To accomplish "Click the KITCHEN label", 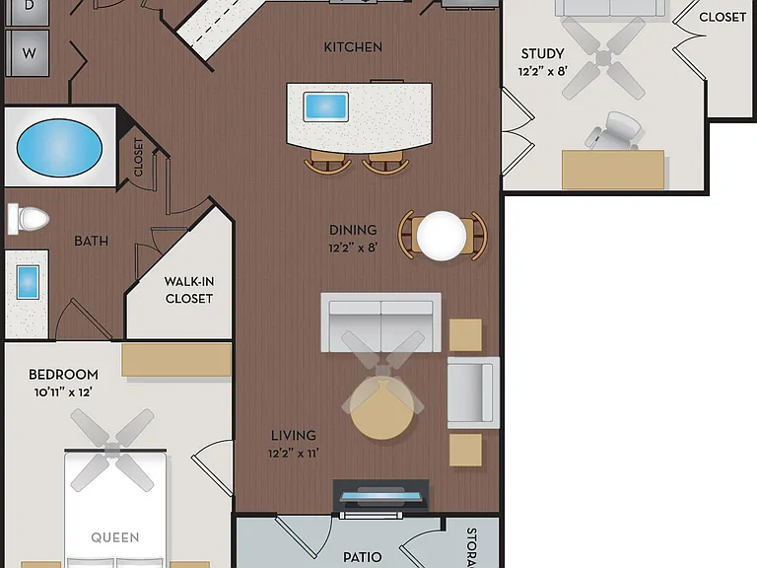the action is point(353,47).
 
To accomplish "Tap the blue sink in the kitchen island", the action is point(326,106).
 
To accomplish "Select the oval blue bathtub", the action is point(59,147).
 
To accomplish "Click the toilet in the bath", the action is point(29,219).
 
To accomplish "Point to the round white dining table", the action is point(442,236).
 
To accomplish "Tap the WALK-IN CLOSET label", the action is point(189,290).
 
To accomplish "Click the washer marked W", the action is point(28,52).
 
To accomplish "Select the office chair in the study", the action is point(615,131).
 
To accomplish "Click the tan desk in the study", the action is point(613,170).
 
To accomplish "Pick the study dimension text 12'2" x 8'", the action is point(543,71).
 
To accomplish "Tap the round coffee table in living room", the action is point(381,408).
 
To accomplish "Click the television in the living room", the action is point(380,496).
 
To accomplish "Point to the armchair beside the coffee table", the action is point(473,392).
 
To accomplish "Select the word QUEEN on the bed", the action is point(115,537).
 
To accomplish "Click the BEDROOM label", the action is point(63,375).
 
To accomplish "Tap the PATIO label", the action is point(362,557).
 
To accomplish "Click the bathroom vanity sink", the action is point(28,283).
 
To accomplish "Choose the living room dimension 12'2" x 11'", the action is point(294,454).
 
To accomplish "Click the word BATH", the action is point(91,241).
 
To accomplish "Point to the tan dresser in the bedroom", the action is point(176,360).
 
